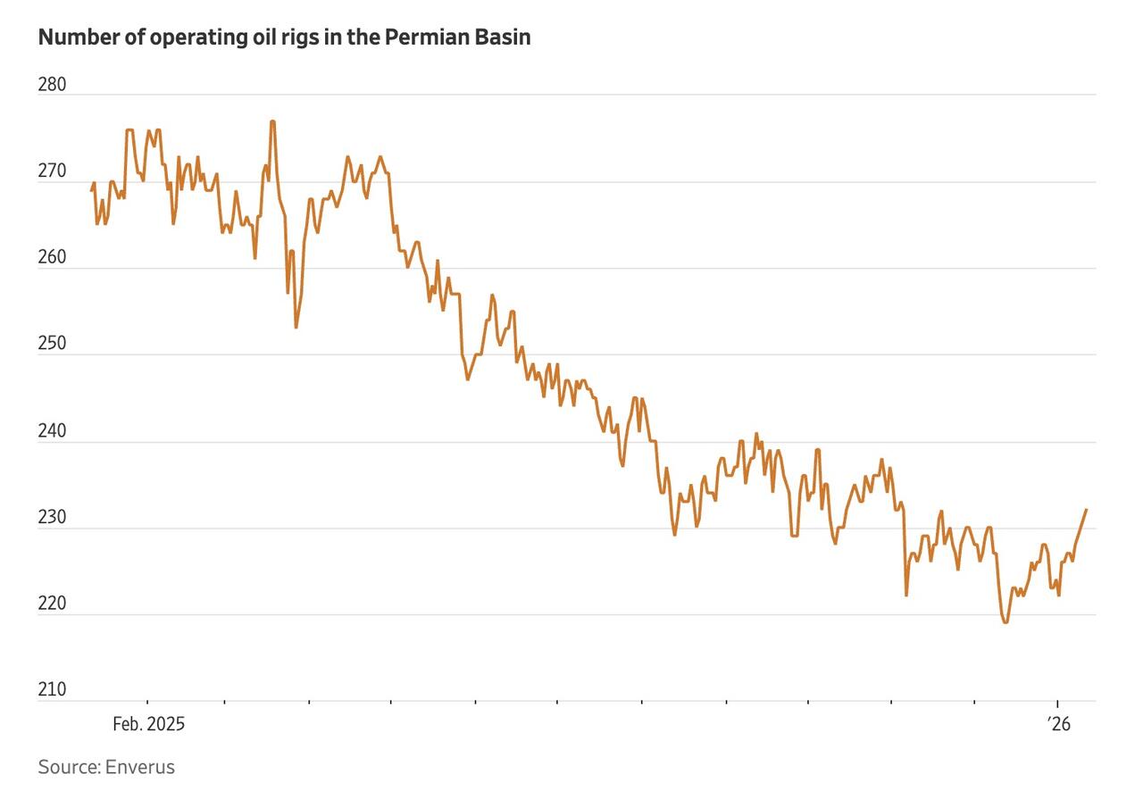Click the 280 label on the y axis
pyautogui.click(x=53, y=85)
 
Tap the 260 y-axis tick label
pyautogui.click(x=53, y=257)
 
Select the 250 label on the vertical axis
pyautogui.click(x=53, y=344)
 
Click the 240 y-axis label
pyautogui.click(x=53, y=430)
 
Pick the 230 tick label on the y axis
pyautogui.click(x=53, y=517)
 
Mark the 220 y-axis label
pyautogui.click(x=53, y=604)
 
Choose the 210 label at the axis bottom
pyautogui.click(x=53, y=689)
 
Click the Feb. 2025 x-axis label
pyautogui.click(x=148, y=724)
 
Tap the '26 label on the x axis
pyautogui.click(x=1058, y=724)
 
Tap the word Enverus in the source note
pyautogui.click(x=140, y=767)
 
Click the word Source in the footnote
pyautogui.click(x=68, y=767)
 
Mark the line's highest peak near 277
pyautogui.click(x=272, y=121)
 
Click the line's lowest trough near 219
pyautogui.click(x=1006, y=622)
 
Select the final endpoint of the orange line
pyautogui.click(x=1086, y=510)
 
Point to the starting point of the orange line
pyautogui.click(x=92, y=189)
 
